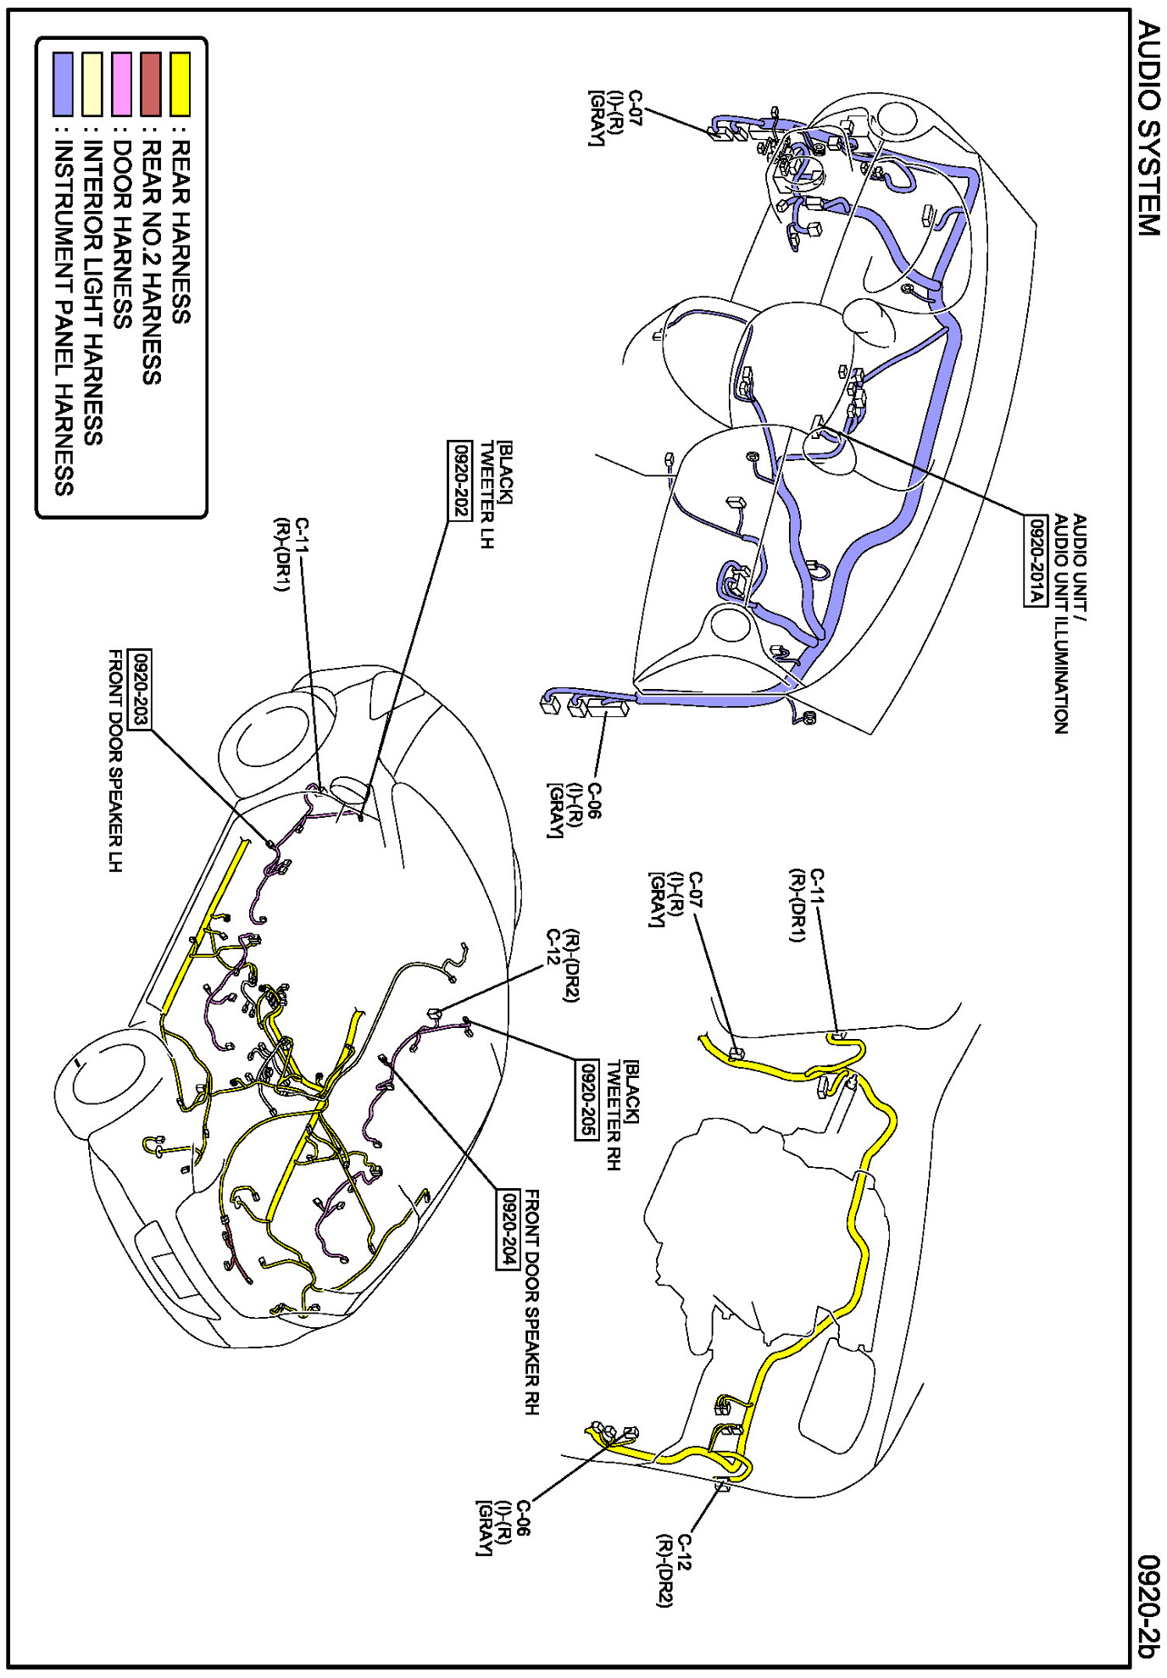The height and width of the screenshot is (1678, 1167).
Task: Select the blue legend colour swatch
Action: tap(64, 84)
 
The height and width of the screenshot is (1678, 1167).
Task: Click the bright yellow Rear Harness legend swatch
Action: tap(180, 84)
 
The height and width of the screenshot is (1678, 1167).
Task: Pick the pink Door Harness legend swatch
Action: tap(122, 84)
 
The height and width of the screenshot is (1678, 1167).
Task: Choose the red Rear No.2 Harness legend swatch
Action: tap(151, 84)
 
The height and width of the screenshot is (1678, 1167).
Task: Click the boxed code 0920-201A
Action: tap(1035, 561)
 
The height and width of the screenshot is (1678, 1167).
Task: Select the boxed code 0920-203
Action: tap(140, 689)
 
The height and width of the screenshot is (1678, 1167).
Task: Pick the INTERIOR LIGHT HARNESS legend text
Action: tap(93, 292)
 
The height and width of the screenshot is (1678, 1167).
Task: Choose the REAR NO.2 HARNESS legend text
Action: tap(151, 262)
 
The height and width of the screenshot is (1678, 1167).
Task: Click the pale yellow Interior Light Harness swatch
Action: tap(92, 84)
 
